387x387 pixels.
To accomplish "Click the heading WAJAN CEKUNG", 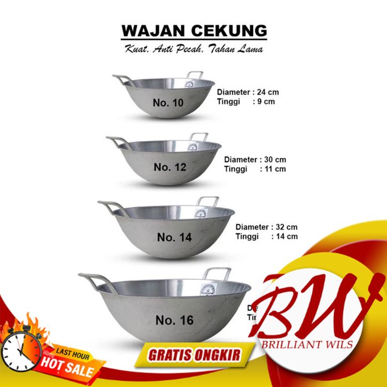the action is point(193,30).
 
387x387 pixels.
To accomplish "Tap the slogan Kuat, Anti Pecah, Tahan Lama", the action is point(193,49).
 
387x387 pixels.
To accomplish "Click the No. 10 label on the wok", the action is point(167,103).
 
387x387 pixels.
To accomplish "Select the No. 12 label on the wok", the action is point(170,167).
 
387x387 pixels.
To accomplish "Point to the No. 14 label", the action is point(174,237).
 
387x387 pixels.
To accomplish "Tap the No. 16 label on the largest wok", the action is point(174,320).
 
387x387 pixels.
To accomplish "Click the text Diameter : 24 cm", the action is point(248,92).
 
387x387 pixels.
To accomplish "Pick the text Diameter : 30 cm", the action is point(255,159).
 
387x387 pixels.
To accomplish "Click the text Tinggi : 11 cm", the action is point(255,169).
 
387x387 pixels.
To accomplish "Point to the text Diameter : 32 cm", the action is point(267,227).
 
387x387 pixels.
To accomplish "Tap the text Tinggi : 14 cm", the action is point(267,236).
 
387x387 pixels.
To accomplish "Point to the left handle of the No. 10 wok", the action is point(122,80).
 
